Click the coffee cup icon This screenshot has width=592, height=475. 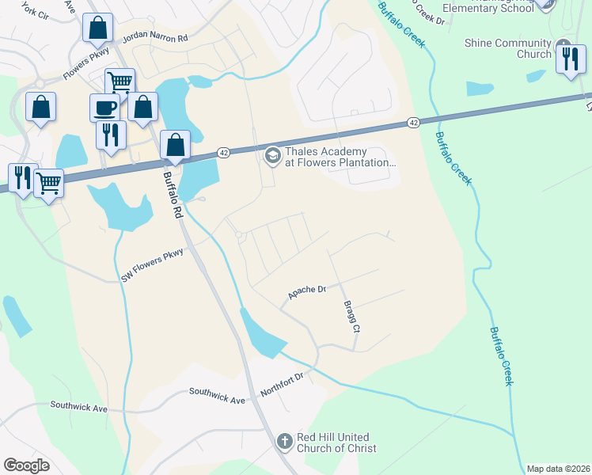pyautogui.click(x=106, y=108)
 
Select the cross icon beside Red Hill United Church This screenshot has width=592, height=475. pyautogui.click(x=286, y=441)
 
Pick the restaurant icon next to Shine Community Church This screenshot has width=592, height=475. pyautogui.click(x=570, y=59)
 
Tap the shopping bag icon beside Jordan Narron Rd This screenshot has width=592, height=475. pyautogui.click(x=97, y=29)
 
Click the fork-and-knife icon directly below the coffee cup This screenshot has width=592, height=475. pyautogui.click(x=111, y=134)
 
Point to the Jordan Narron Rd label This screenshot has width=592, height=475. pyautogui.click(x=155, y=38)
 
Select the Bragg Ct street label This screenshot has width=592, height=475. pyautogui.click(x=351, y=316)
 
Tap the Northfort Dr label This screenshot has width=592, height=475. pyautogui.click(x=282, y=385)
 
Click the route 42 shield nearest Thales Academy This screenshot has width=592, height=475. pyautogui.click(x=224, y=153)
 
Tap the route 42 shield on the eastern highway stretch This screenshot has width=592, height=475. pyautogui.click(x=414, y=123)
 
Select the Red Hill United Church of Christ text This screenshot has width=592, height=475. pyautogui.click(x=336, y=443)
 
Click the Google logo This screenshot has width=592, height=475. pyautogui.click(x=27, y=465)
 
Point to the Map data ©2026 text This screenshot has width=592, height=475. pyautogui.click(x=557, y=469)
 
